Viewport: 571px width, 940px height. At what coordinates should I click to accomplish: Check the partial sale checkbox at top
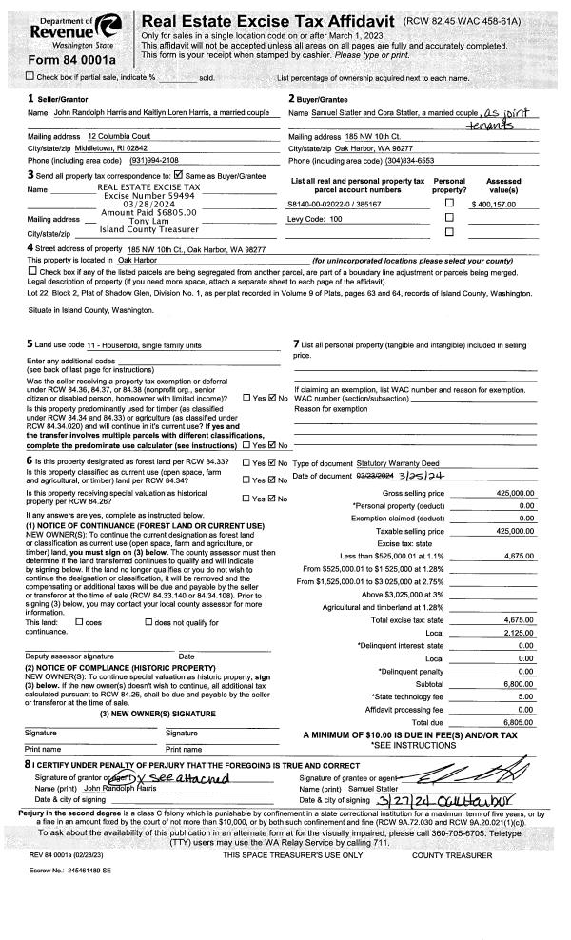(x=8, y=75)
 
